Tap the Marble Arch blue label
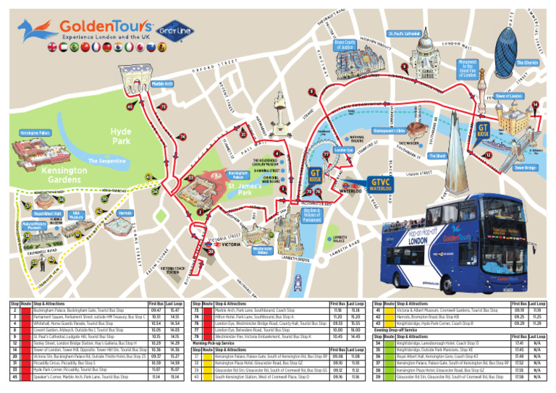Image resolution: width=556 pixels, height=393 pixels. point(163,84)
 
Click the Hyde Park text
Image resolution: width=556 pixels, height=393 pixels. point(121,136)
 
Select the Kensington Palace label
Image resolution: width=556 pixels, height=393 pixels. point(35,133)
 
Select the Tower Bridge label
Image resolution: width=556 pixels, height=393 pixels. point(526,168)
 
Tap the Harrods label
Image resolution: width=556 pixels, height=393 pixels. point(125,214)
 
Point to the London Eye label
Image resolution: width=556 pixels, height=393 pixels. point(342,151)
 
